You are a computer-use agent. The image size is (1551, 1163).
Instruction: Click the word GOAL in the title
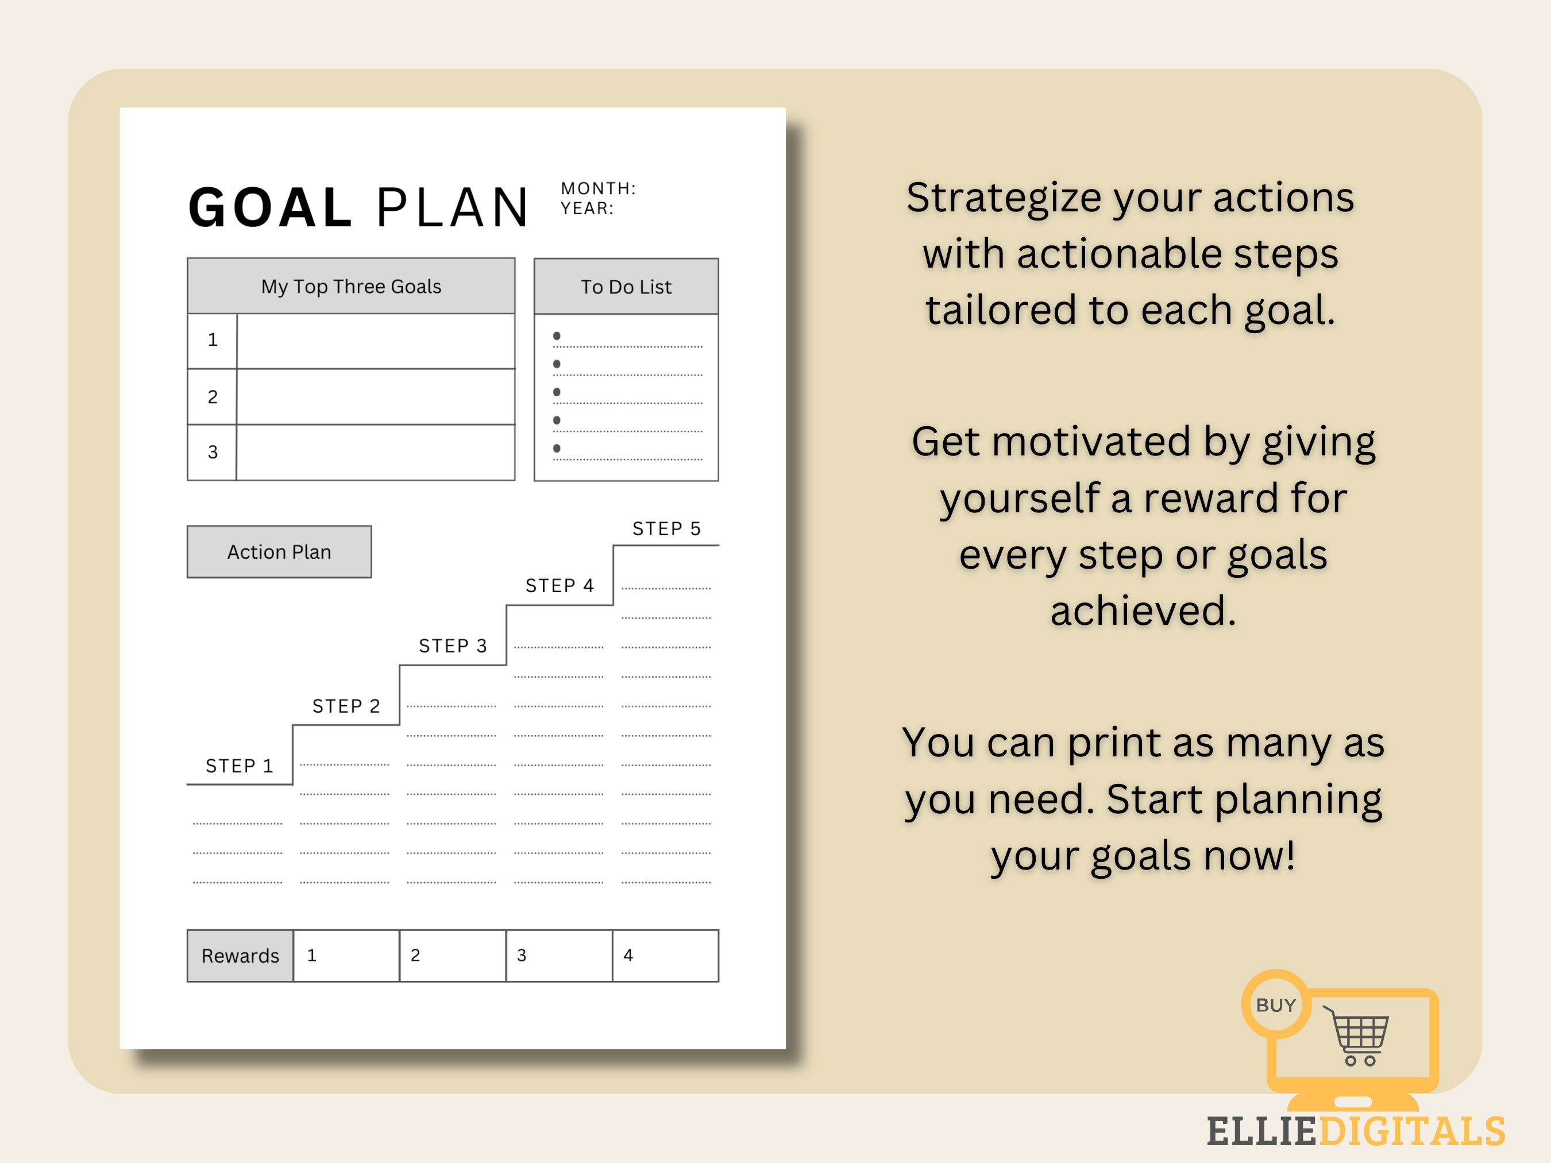270,208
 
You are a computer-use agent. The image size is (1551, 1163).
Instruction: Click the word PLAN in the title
452,208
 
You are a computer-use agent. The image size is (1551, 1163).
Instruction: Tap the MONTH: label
598,188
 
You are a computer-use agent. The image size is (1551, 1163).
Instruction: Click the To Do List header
626,287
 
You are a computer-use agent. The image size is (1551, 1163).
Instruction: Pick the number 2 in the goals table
213,397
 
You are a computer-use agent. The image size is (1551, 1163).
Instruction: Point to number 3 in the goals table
213,452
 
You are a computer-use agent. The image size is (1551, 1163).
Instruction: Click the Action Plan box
279,552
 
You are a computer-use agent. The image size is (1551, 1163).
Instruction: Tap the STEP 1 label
239,766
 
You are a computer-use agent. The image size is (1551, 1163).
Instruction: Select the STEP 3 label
452,646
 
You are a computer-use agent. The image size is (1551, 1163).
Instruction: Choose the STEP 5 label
666,528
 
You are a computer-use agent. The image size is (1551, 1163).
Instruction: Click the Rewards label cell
240,956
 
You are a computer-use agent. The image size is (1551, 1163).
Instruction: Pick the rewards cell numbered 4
665,956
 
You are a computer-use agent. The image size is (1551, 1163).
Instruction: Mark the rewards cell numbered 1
346,956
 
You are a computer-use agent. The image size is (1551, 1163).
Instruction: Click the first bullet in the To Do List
557,336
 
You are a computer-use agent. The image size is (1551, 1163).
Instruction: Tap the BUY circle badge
1275,1004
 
